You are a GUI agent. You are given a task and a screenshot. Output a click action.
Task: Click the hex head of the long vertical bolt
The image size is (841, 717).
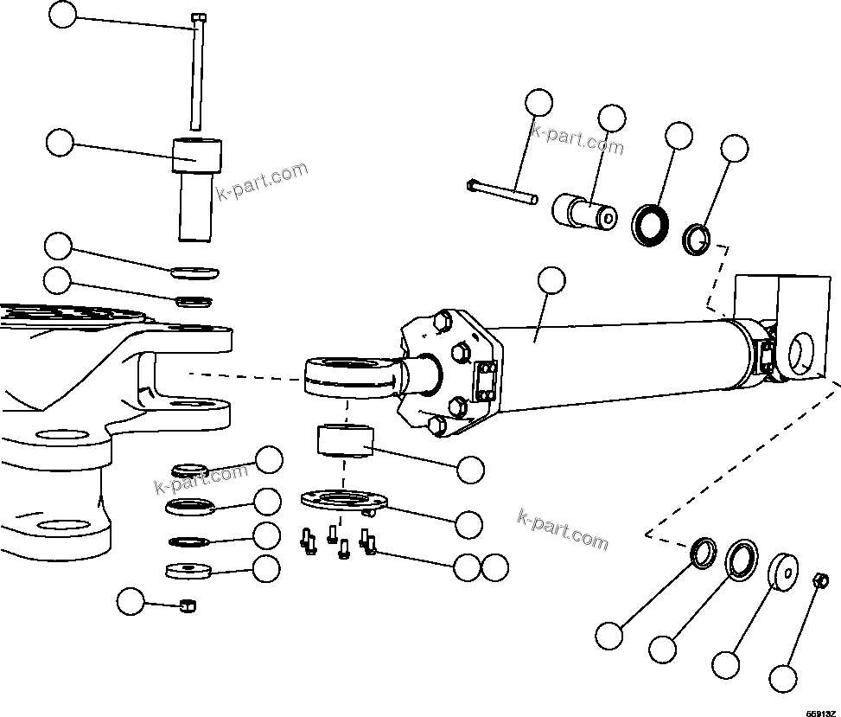(x=199, y=17)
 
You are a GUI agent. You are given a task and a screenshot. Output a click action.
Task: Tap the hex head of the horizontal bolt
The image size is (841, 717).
(x=472, y=184)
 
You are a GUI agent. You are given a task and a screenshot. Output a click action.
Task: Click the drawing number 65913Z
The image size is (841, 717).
(x=820, y=712)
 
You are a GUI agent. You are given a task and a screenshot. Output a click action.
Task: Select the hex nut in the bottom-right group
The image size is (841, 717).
(x=823, y=579)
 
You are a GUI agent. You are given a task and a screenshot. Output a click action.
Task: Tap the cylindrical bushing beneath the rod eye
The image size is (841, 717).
(x=343, y=440)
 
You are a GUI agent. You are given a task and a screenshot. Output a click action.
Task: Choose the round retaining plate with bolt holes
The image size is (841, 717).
(x=344, y=501)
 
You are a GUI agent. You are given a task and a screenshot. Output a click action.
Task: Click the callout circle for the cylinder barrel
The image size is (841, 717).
(x=551, y=280)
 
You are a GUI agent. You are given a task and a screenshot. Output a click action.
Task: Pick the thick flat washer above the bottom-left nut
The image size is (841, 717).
(x=188, y=571)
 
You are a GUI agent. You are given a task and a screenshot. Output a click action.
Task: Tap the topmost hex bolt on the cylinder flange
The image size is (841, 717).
(x=442, y=322)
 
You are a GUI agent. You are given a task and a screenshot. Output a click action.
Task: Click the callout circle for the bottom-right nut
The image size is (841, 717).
(x=783, y=676)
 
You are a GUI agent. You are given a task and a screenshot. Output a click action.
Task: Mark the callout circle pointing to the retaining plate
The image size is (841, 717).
(x=469, y=523)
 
